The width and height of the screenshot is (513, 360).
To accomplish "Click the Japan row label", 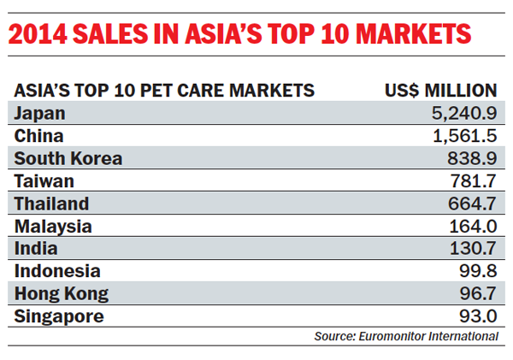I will click(39, 113).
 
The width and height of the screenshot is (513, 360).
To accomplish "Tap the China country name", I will click(38, 136).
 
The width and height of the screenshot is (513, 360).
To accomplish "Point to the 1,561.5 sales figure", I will click(462, 136).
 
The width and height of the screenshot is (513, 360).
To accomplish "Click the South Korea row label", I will click(68, 159).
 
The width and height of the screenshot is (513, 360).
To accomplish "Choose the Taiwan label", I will click(44, 181).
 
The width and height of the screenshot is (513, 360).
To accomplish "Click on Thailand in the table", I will click(51, 204).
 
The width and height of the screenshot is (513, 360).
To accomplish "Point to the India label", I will click(36, 249).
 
